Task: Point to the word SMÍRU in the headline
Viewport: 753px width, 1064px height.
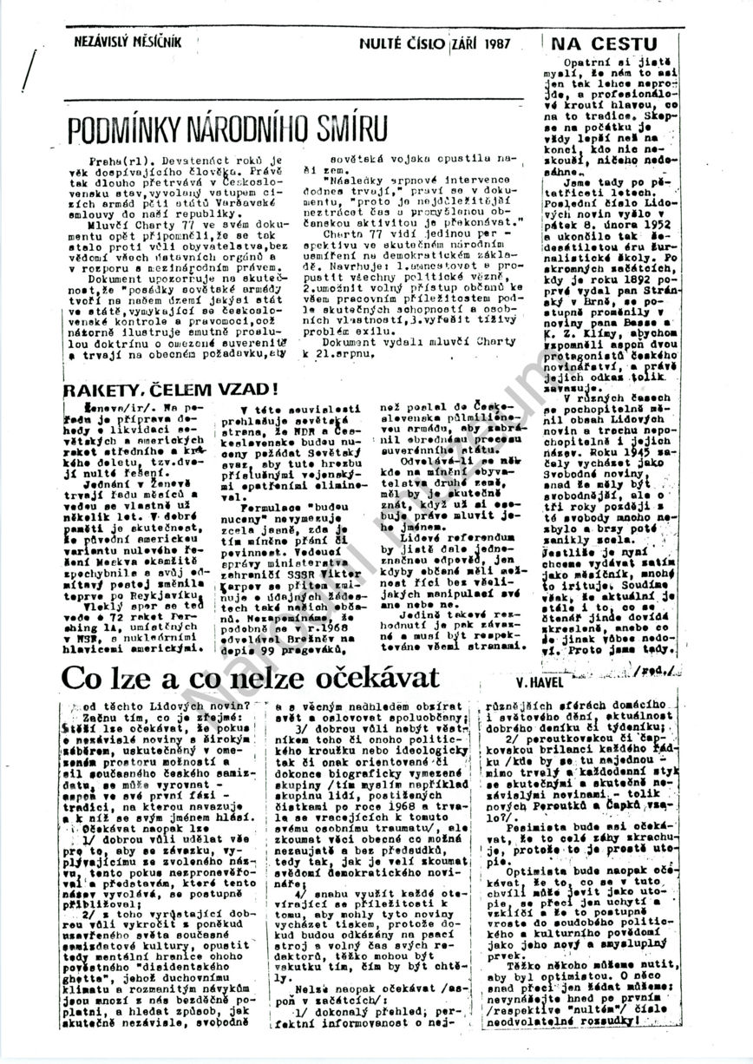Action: click(342, 130)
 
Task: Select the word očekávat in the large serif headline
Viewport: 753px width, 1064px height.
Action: click(370, 676)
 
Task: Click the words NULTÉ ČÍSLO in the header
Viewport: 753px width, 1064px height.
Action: click(404, 42)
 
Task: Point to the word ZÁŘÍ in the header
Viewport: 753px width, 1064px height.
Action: click(468, 42)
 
